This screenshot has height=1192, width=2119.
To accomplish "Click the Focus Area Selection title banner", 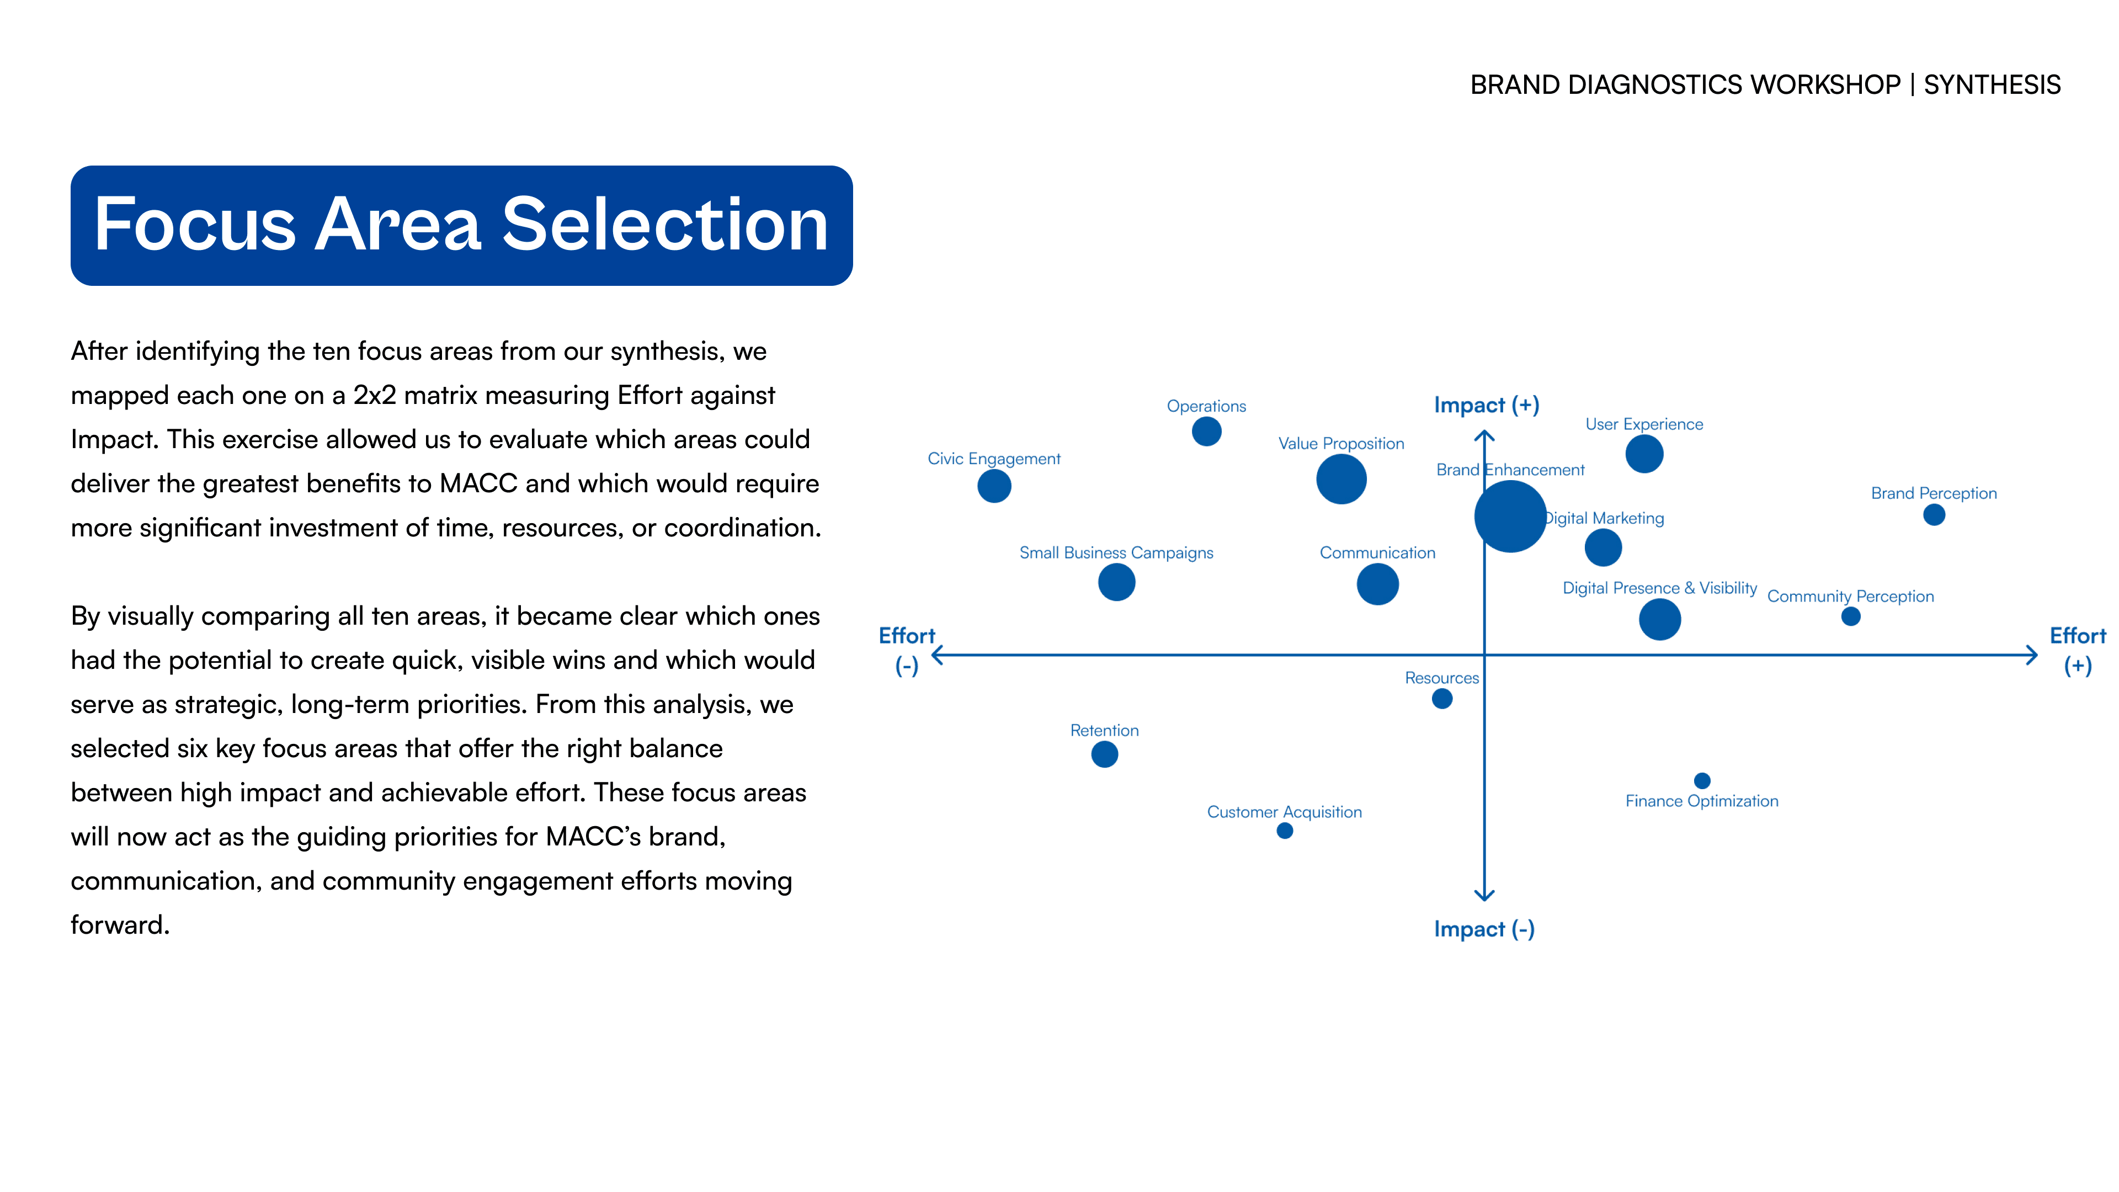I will [461, 225].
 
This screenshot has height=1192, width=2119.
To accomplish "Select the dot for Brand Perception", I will [1934, 515].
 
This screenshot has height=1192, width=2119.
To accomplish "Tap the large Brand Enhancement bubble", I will [1510, 517].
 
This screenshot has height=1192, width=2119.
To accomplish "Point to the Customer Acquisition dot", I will [1285, 831].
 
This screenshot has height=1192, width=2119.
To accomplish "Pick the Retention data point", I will [1105, 754].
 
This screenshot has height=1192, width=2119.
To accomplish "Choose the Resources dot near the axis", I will [1442, 699].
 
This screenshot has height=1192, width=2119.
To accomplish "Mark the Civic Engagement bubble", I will [994, 486].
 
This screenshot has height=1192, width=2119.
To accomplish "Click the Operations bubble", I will [1207, 431].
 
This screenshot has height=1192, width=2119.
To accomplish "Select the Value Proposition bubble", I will [1341, 480].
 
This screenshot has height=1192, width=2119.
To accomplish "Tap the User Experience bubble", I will [1644, 454].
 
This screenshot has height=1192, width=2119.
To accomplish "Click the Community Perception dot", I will [1851, 617].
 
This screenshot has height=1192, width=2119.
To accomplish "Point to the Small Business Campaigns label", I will [1116, 553].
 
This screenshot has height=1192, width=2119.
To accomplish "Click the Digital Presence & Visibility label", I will [1659, 588].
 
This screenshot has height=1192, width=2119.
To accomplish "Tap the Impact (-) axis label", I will [1484, 929].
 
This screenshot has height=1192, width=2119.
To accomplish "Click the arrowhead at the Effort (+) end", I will [2032, 656].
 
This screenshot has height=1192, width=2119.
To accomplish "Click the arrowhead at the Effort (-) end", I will [938, 656].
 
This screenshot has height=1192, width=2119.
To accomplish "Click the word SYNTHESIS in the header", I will [1992, 85].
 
